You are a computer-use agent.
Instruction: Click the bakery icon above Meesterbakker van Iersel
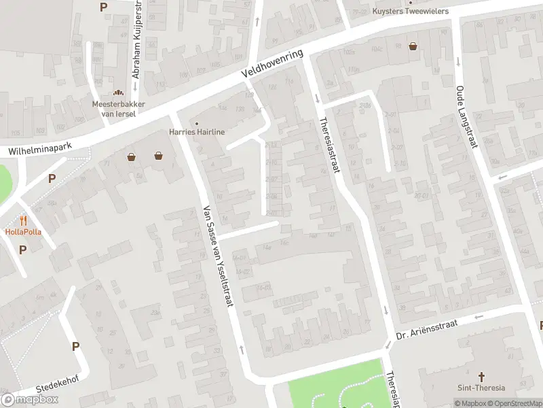(x=118, y=92)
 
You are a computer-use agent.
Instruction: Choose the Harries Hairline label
(x=197, y=132)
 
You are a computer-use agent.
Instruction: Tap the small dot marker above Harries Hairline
(x=197, y=123)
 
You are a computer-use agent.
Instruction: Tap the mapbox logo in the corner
(x=30, y=399)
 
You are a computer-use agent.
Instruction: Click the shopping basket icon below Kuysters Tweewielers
(x=413, y=47)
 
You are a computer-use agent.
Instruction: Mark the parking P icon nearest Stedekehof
(x=75, y=346)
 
